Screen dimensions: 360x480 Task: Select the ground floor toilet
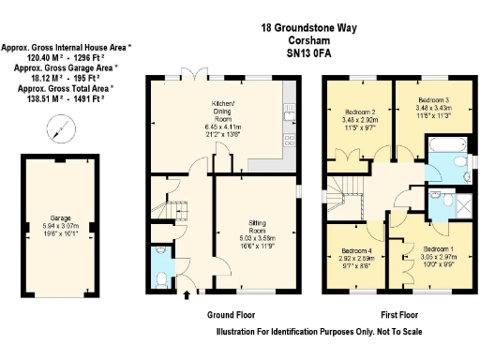(x=161, y=278)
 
